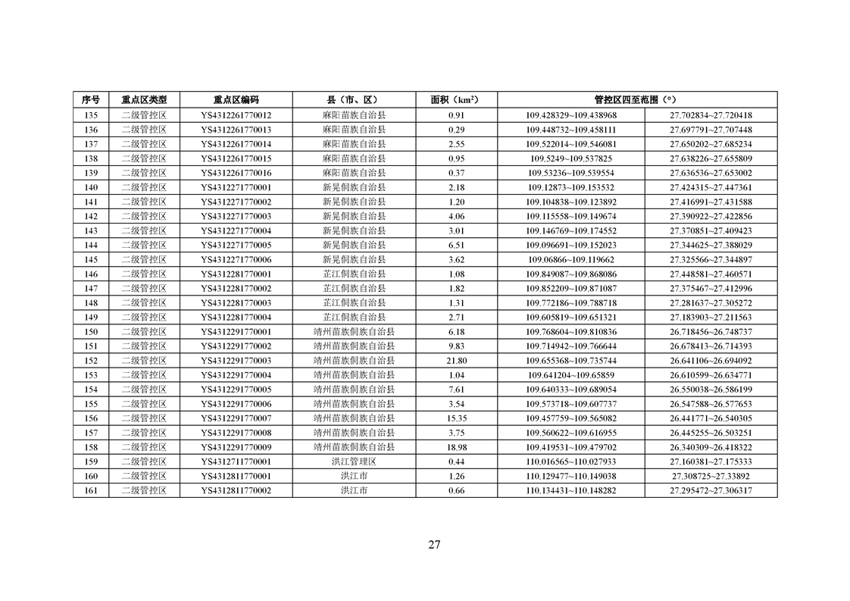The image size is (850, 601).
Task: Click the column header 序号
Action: pos(91,99)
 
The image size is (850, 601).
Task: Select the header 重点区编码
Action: pos(236,99)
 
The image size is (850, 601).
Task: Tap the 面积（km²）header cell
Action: pos(456,99)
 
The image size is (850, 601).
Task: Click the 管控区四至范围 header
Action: pos(636,99)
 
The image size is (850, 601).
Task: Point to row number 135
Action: pos(91,115)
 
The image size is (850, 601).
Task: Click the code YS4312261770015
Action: pos(236,158)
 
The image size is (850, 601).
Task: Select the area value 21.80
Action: pos(456,361)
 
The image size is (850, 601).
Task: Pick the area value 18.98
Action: pos(456,447)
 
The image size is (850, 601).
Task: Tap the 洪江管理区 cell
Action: pos(354,462)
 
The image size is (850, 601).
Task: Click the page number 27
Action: pos(434,544)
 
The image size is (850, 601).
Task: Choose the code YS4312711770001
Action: pos(236,462)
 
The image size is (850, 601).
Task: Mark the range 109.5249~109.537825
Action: pos(571,158)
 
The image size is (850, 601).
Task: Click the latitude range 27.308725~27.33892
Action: pos(711,476)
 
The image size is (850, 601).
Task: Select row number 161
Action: pos(91,490)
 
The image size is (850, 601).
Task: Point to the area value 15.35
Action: pos(456,418)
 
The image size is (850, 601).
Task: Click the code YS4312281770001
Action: pos(236,274)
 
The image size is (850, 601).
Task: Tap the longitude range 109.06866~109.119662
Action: pos(571,259)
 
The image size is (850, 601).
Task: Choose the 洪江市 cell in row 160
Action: pos(354,476)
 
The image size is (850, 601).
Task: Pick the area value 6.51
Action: pos(456,245)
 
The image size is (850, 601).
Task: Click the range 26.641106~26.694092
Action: pos(711,361)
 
